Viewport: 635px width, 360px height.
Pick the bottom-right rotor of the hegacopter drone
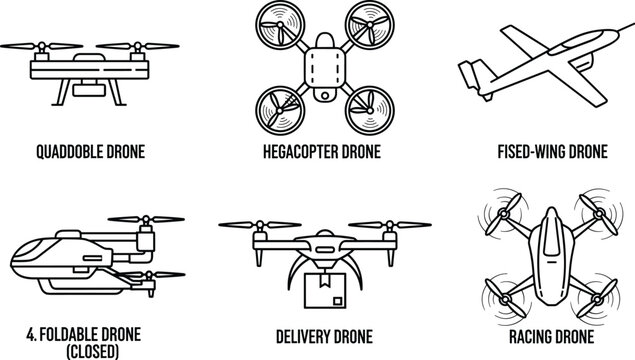point(365,104)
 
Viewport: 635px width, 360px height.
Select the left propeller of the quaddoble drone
point(28,45)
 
